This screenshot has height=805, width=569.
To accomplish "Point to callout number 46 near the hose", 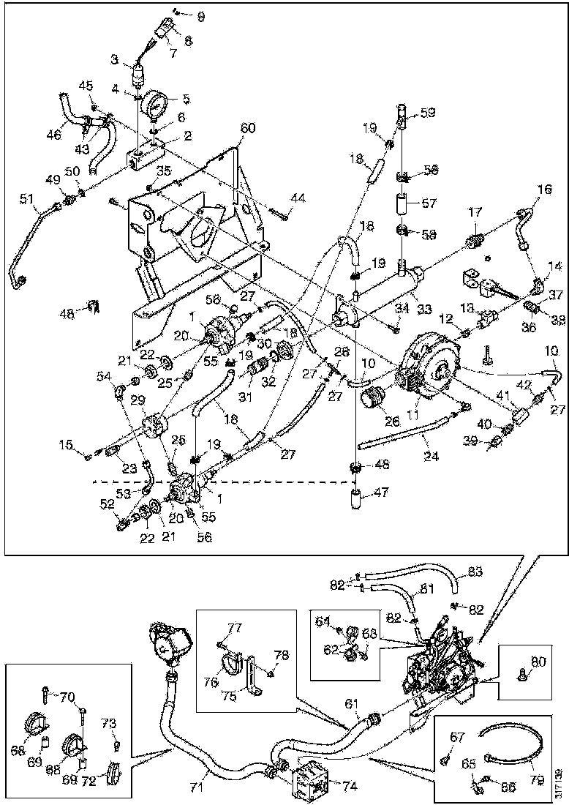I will tap(54, 135).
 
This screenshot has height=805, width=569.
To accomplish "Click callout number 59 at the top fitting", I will tap(428, 113).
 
